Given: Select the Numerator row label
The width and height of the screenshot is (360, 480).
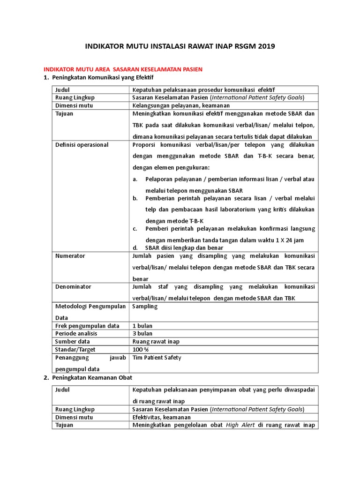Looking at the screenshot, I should [70, 256].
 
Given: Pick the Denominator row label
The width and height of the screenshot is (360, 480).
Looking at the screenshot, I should [74, 286].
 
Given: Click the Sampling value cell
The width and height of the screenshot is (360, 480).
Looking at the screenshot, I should [145, 306].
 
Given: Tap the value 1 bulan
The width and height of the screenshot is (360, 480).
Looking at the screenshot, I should [142, 326].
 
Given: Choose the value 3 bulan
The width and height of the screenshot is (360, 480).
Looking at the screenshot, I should [142, 334].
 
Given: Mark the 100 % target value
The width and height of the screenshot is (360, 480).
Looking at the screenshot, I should [141, 350].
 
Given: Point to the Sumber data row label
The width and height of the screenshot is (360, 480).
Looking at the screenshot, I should [72, 342].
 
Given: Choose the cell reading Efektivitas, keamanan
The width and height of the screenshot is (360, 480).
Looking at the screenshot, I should [162, 417].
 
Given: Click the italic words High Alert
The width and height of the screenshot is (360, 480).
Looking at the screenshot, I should [240, 425].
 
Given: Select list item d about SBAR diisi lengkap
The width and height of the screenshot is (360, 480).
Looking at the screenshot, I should [184, 247].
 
